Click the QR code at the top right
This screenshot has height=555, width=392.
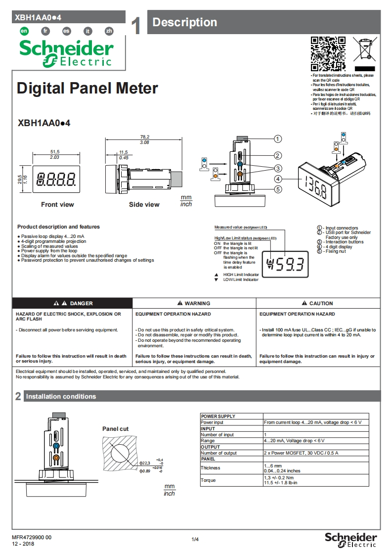click(x=328, y=53)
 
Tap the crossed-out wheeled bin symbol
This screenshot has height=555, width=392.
click(x=365, y=51)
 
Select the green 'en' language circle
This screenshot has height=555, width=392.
click(x=23, y=31)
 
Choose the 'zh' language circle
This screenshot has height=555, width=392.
click(x=109, y=31)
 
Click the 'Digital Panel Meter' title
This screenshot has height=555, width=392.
click(x=87, y=89)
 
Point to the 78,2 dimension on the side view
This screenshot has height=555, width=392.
click(x=145, y=137)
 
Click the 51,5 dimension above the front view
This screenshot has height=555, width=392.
click(x=55, y=151)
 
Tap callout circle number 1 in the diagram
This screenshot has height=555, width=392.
click(x=278, y=139)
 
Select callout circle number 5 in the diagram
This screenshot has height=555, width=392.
click(x=278, y=189)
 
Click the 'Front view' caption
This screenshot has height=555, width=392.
click(x=57, y=204)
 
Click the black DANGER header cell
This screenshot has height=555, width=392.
click(x=72, y=303)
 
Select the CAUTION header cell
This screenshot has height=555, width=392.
click(x=318, y=303)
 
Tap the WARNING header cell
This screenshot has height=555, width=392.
click(x=194, y=303)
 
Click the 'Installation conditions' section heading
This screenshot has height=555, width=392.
click(x=61, y=396)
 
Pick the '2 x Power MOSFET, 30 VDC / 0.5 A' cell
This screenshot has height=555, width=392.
click(x=301, y=453)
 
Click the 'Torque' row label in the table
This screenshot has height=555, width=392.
click(x=208, y=480)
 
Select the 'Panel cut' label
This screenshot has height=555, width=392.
click(x=115, y=429)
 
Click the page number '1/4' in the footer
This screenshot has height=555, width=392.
click(x=195, y=539)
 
